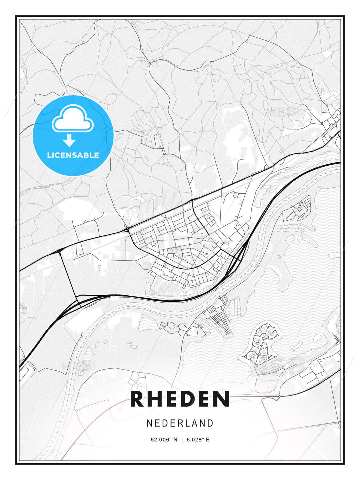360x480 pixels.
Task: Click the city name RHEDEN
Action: click(x=180, y=399)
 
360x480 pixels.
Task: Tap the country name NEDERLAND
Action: click(x=180, y=423)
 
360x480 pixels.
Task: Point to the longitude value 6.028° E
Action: click(x=198, y=440)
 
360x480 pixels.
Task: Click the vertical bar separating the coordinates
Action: click(x=182, y=440)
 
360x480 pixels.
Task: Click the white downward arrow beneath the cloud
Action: click(x=69, y=141)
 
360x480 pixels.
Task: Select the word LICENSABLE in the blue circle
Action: click(x=73, y=155)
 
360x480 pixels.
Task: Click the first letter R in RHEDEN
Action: click(x=137, y=399)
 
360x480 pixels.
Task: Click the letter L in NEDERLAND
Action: click(x=188, y=423)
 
